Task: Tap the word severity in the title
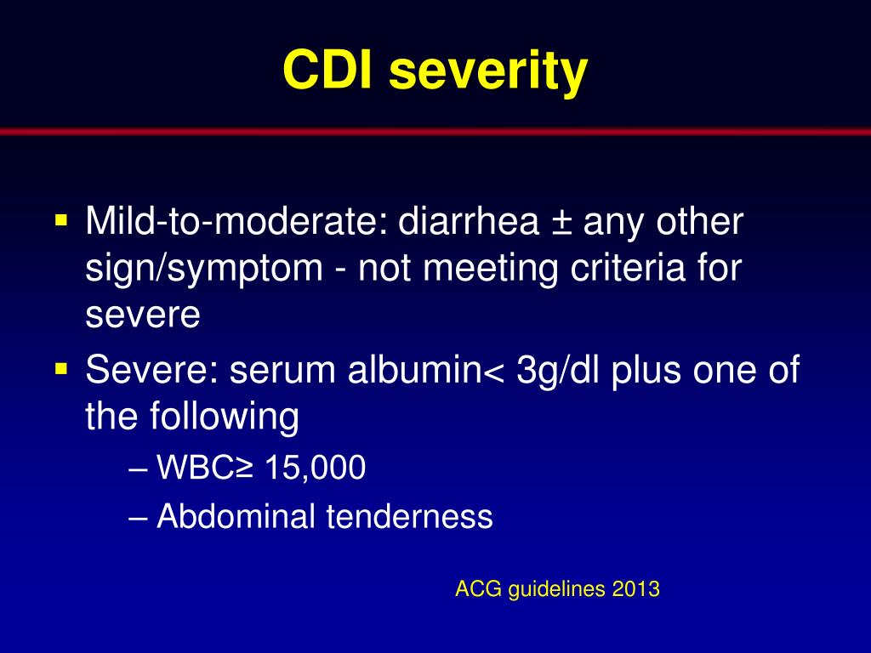[x=487, y=71]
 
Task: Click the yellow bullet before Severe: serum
[x=61, y=369]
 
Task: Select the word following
[x=226, y=418]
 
